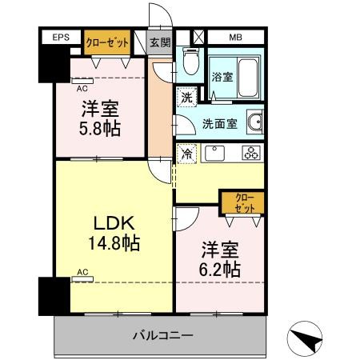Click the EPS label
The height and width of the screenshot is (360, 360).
pyautogui.click(x=61, y=38)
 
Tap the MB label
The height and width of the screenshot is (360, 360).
pyautogui.click(x=236, y=38)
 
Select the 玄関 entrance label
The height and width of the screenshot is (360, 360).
pyautogui.click(x=159, y=42)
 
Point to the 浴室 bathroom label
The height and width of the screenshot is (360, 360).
pyautogui.click(x=222, y=78)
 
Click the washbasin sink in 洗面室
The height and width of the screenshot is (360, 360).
pyautogui.click(x=255, y=122)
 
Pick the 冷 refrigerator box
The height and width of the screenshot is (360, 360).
pyautogui.click(x=186, y=152)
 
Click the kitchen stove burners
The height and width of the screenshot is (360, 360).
pyautogui.click(x=250, y=152)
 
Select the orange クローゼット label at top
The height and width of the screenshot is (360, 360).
pyautogui.click(x=106, y=42)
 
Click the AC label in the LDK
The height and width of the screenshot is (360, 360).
pyautogui.click(x=82, y=272)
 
